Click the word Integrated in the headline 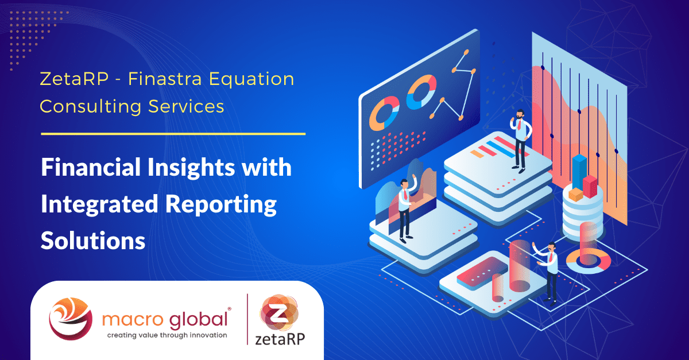pos(100,204)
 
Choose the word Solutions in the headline pos(92,240)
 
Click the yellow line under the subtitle pos(173,134)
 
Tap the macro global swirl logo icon pos(69,319)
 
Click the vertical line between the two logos pos(247,320)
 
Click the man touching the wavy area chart pos(405,207)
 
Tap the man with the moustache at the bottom pos(550,270)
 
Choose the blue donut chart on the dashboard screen pos(421,92)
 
